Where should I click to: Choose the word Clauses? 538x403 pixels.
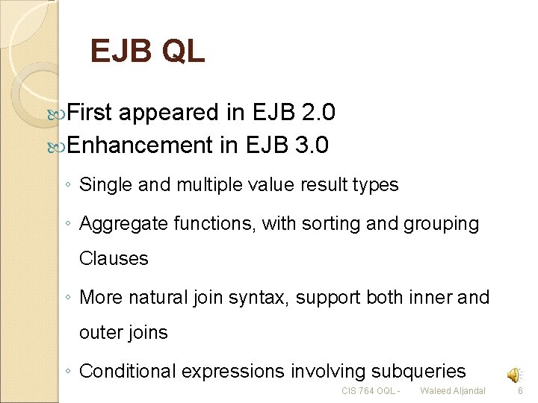point(114,258)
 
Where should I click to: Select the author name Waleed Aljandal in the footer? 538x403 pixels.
point(452,391)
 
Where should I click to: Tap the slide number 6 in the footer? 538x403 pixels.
point(522,391)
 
